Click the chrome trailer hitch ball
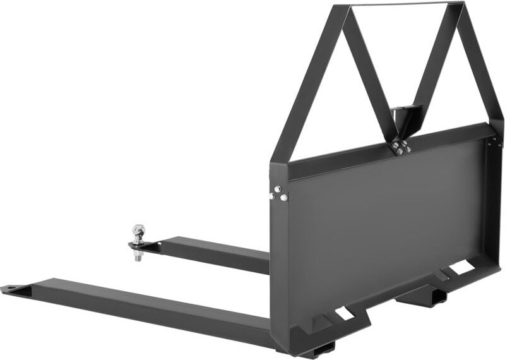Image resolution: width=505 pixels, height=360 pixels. [x=139, y=231]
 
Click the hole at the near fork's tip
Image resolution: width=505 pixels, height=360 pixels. [x=12, y=290]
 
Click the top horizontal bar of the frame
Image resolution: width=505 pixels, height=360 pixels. [x=404, y=5]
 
